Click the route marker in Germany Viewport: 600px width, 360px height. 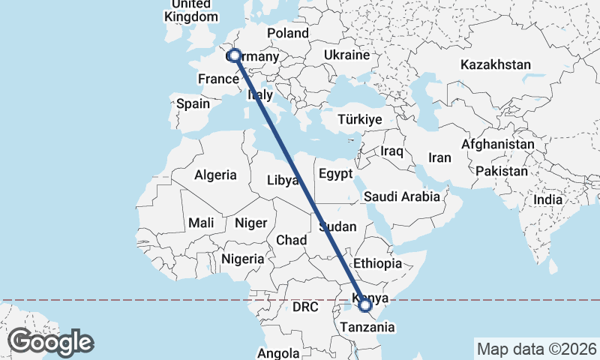coord(235,55)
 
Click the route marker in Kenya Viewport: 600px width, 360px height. coord(365,304)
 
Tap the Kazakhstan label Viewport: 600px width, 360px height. coord(496,64)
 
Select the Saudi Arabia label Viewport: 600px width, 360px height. coord(401,196)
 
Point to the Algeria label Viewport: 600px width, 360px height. coord(216,175)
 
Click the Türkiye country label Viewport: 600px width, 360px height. coord(360,119)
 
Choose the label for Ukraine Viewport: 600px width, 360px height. coord(347,55)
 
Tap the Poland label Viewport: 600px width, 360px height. coord(288,33)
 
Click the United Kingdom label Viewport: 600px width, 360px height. coord(191,10)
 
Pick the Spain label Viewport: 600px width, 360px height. coord(193,104)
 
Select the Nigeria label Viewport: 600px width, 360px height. coord(243,259)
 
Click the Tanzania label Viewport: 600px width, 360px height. coord(367,327)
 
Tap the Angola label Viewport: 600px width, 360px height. coord(278,352)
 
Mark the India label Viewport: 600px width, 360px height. coord(548,199)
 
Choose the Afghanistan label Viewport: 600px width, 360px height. coord(498,144)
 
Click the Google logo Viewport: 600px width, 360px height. coord(50,342)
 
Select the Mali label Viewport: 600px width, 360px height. coord(201,222)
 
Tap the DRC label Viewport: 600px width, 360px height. coord(305,307)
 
